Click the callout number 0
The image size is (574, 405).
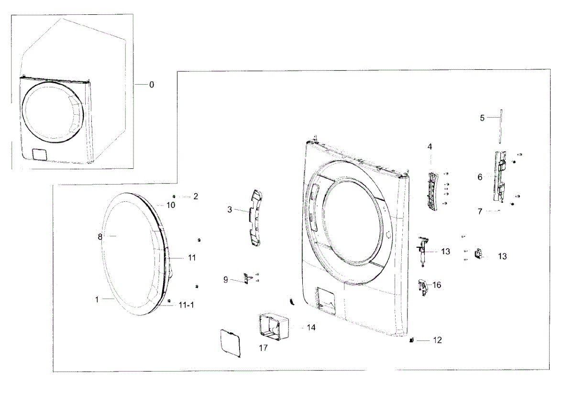coord(152,85)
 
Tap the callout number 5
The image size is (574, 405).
coord(482,118)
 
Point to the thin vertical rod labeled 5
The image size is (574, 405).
coord(500,125)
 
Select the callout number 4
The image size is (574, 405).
coord(430,146)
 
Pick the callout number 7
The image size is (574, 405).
coord(480,211)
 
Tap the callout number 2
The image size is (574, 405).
coord(195,196)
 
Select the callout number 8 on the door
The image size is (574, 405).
coord(100,236)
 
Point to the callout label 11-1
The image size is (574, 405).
coord(187,305)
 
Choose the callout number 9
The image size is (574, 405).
coord(226,280)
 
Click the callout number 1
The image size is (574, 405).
coord(97,299)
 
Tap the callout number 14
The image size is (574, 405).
coord(311,328)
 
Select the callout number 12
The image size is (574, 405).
coord(437,340)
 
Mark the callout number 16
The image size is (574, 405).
coord(437,285)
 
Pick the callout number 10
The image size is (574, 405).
coord(171,205)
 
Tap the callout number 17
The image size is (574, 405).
coord(263,348)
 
